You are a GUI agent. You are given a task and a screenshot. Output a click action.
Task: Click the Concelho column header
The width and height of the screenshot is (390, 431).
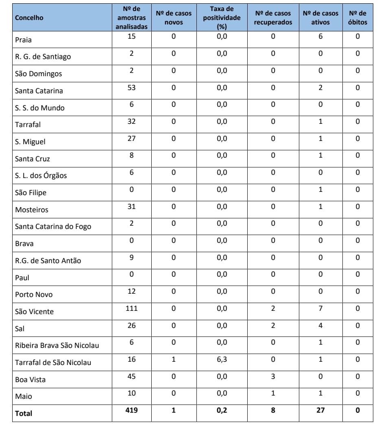coord(29,18)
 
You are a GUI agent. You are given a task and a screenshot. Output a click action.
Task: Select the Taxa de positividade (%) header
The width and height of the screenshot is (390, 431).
coord(222,18)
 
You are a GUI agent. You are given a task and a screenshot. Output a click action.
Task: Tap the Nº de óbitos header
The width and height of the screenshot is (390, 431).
coord(357,18)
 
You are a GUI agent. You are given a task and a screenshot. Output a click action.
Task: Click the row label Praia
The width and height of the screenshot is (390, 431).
coord(23,40)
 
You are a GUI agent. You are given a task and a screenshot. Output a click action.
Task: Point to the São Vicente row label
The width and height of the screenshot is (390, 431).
coord(34,312)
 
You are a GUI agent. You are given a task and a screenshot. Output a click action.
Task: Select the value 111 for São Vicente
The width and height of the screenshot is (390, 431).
coord(131,308)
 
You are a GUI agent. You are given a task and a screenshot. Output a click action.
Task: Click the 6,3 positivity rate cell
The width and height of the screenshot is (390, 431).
coord(222,359)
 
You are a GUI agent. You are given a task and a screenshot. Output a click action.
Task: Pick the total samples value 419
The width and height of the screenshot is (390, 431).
coord(131,410)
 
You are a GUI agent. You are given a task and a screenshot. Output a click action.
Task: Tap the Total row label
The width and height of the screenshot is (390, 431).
coord(24,413)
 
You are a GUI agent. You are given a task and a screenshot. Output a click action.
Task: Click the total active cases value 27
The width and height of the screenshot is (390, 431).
coord(320,410)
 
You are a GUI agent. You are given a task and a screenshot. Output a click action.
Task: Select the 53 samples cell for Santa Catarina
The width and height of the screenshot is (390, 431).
coord(131,88)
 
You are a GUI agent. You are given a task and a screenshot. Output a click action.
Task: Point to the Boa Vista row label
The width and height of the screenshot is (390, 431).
coord(30,380)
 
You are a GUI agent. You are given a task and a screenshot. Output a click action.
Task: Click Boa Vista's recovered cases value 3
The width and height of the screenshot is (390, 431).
coord(273,376)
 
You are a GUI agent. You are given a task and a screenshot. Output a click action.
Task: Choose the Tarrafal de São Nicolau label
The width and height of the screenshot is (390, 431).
coord(53,363)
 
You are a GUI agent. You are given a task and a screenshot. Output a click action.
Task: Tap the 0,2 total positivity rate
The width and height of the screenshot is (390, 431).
coord(222,410)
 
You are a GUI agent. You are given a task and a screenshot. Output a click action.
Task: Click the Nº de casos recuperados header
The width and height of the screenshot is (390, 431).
coord(273,18)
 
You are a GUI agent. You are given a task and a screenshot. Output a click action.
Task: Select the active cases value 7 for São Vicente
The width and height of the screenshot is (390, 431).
coord(320,308)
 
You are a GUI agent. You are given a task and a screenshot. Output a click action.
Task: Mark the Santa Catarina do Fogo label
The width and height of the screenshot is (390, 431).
coord(53,226)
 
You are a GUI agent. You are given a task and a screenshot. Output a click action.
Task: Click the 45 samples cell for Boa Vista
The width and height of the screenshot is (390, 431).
coord(131,376)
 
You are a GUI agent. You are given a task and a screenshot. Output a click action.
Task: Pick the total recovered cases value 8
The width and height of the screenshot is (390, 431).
coord(273,410)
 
